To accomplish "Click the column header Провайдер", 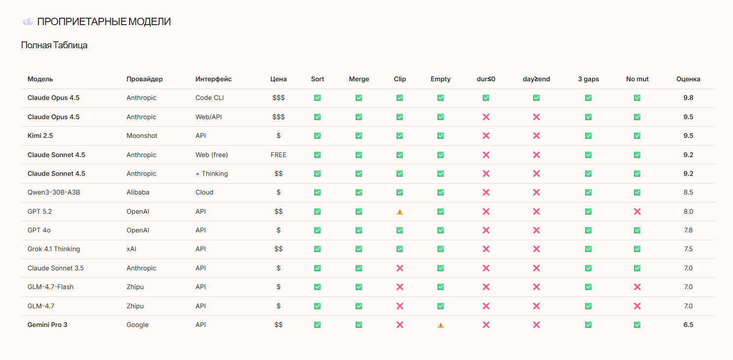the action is point(144,79).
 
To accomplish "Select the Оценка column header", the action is point(688,79).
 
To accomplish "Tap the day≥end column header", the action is point(536,79).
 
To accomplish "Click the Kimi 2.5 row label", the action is point(40,135).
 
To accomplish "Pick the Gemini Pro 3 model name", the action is point(47,325).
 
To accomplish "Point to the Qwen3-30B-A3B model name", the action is point(54,192).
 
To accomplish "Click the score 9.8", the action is point(688,98).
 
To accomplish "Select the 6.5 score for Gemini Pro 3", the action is point(688,325).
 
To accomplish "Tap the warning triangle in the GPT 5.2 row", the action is point(400,212).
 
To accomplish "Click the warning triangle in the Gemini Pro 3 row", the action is point(440,325).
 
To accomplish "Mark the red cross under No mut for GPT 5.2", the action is point(637,211).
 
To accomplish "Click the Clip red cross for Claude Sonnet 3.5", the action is point(400,268).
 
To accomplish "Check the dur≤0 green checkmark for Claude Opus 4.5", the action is point(486,98).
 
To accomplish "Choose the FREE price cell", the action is point(278,155).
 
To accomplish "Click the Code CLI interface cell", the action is point(209,98).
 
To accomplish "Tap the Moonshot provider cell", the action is point(142,135).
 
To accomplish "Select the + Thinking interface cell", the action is point(211,173).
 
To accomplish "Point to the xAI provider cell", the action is point(131,249).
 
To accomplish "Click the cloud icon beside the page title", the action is point(28,22).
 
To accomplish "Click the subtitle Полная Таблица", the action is point(54,45).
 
